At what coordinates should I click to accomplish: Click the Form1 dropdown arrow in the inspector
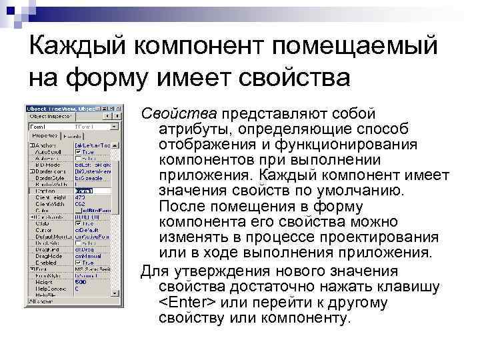pos(119,125)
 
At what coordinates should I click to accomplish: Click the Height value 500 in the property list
pos(80,282)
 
